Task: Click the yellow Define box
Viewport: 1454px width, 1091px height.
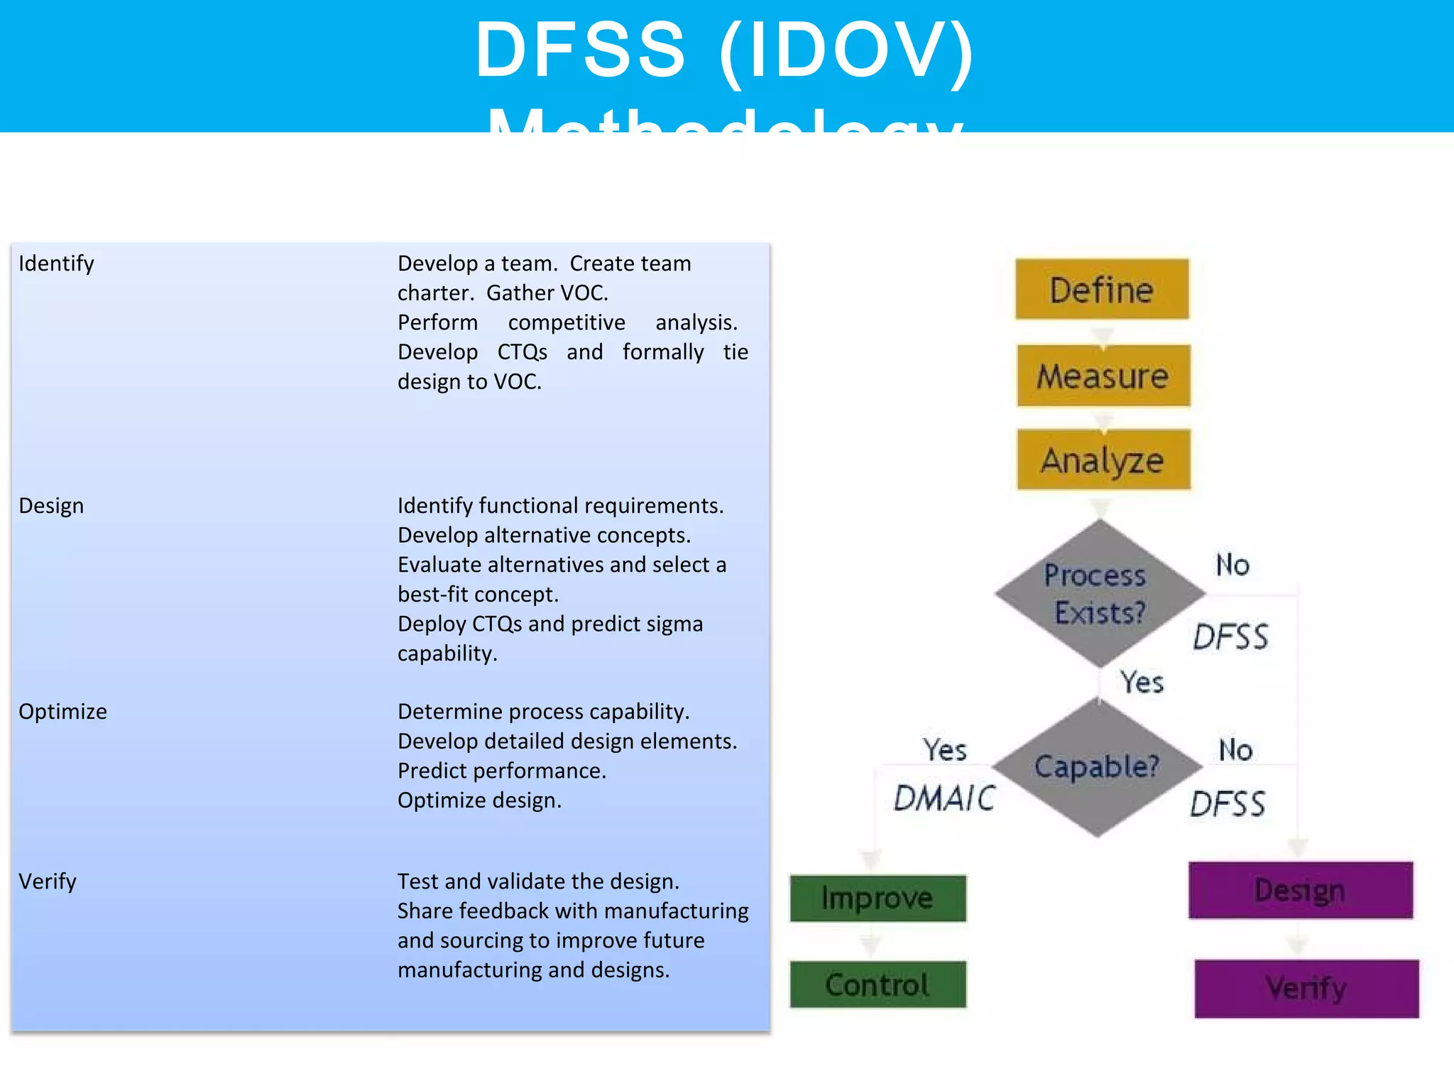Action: tap(1101, 289)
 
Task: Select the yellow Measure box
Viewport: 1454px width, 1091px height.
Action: tap(1103, 376)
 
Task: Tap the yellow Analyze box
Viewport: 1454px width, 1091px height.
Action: tap(1103, 460)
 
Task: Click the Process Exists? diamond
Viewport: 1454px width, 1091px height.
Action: tap(1099, 593)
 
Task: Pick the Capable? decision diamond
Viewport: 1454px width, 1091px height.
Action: tap(1097, 766)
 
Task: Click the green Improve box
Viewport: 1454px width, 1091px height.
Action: tap(878, 898)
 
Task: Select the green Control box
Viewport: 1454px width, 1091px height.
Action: tap(878, 984)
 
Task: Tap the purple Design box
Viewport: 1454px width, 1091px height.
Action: tap(1300, 890)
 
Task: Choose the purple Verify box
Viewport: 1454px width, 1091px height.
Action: tap(1306, 988)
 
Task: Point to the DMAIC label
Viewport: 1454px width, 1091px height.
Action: tap(944, 798)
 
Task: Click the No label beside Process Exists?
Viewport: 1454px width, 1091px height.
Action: tap(1232, 565)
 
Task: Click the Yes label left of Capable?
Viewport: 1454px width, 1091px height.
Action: tap(944, 750)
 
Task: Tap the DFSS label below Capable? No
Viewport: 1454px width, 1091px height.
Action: tap(1228, 805)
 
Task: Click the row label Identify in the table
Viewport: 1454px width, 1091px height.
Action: tap(56, 264)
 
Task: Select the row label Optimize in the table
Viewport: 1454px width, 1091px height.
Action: tap(62, 712)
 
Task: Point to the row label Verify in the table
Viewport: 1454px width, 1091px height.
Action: tap(47, 881)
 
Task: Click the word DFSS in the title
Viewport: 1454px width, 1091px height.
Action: tap(581, 50)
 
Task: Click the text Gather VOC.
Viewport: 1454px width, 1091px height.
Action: tap(547, 293)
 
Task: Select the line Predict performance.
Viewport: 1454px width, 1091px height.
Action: tap(501, 771)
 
